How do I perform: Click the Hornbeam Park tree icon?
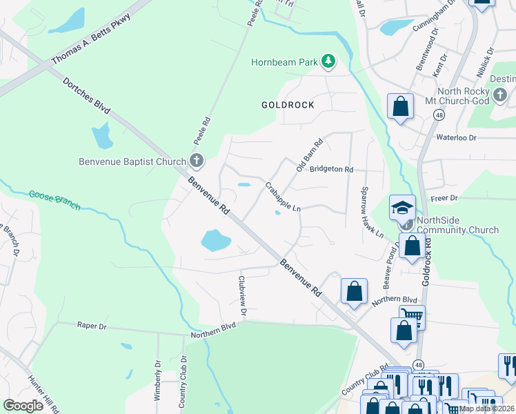pos(329,62)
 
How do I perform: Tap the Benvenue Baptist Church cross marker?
pos(197,162)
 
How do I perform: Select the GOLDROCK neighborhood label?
pos(288,105)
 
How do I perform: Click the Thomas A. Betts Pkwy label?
pos(90,48)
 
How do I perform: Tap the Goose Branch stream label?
pos(54,201)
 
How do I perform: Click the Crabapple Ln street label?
pos(284,197)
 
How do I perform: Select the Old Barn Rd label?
pos(310,156)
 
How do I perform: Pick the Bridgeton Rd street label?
pos(331,169)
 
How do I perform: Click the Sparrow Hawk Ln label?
pos(373,213)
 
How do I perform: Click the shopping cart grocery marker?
pos(412,317)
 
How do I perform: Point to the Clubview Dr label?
pos(241,296)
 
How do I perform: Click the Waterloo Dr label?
pos(456,137)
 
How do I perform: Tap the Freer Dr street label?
pos(444,198)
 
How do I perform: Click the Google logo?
pos(23,406)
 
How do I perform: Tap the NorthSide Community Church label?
pos(458,226)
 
